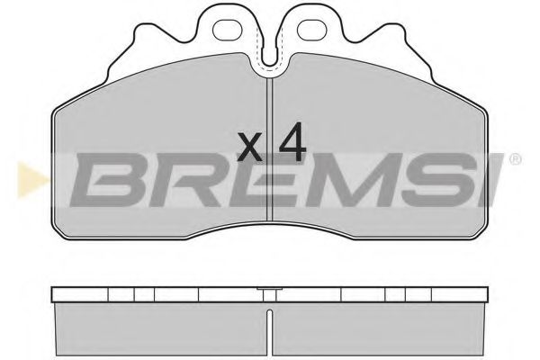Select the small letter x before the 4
pos(252,146)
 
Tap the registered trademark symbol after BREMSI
pos(516,159)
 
